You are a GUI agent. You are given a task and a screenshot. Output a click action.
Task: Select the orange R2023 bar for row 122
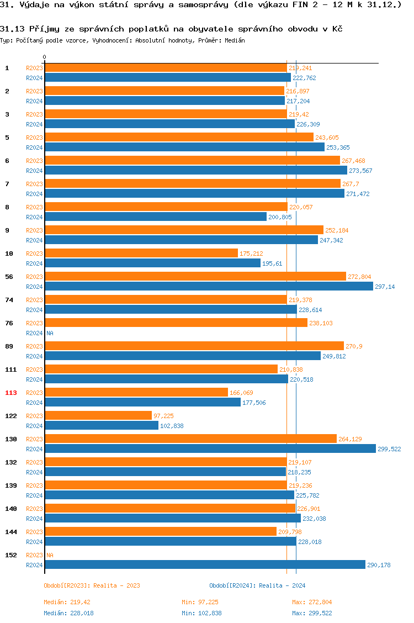point(98,415)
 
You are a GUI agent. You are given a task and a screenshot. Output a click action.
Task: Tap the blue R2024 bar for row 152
point(205,564)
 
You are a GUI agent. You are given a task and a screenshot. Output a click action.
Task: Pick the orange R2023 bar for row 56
point(195,276)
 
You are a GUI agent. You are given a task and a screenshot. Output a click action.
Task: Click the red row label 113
point(11,393)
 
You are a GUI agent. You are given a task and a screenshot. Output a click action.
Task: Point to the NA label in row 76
point(50,333)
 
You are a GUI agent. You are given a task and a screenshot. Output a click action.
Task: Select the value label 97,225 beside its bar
point(164,416)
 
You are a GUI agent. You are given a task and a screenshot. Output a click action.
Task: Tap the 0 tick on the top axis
point(45,57)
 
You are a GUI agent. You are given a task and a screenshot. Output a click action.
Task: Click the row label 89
point(9,346)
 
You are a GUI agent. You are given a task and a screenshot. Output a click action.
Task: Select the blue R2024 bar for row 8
point(156,217)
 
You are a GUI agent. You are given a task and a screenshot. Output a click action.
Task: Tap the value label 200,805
point(280,217)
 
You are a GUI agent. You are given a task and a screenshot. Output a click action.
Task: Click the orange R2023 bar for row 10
point(141,253)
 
